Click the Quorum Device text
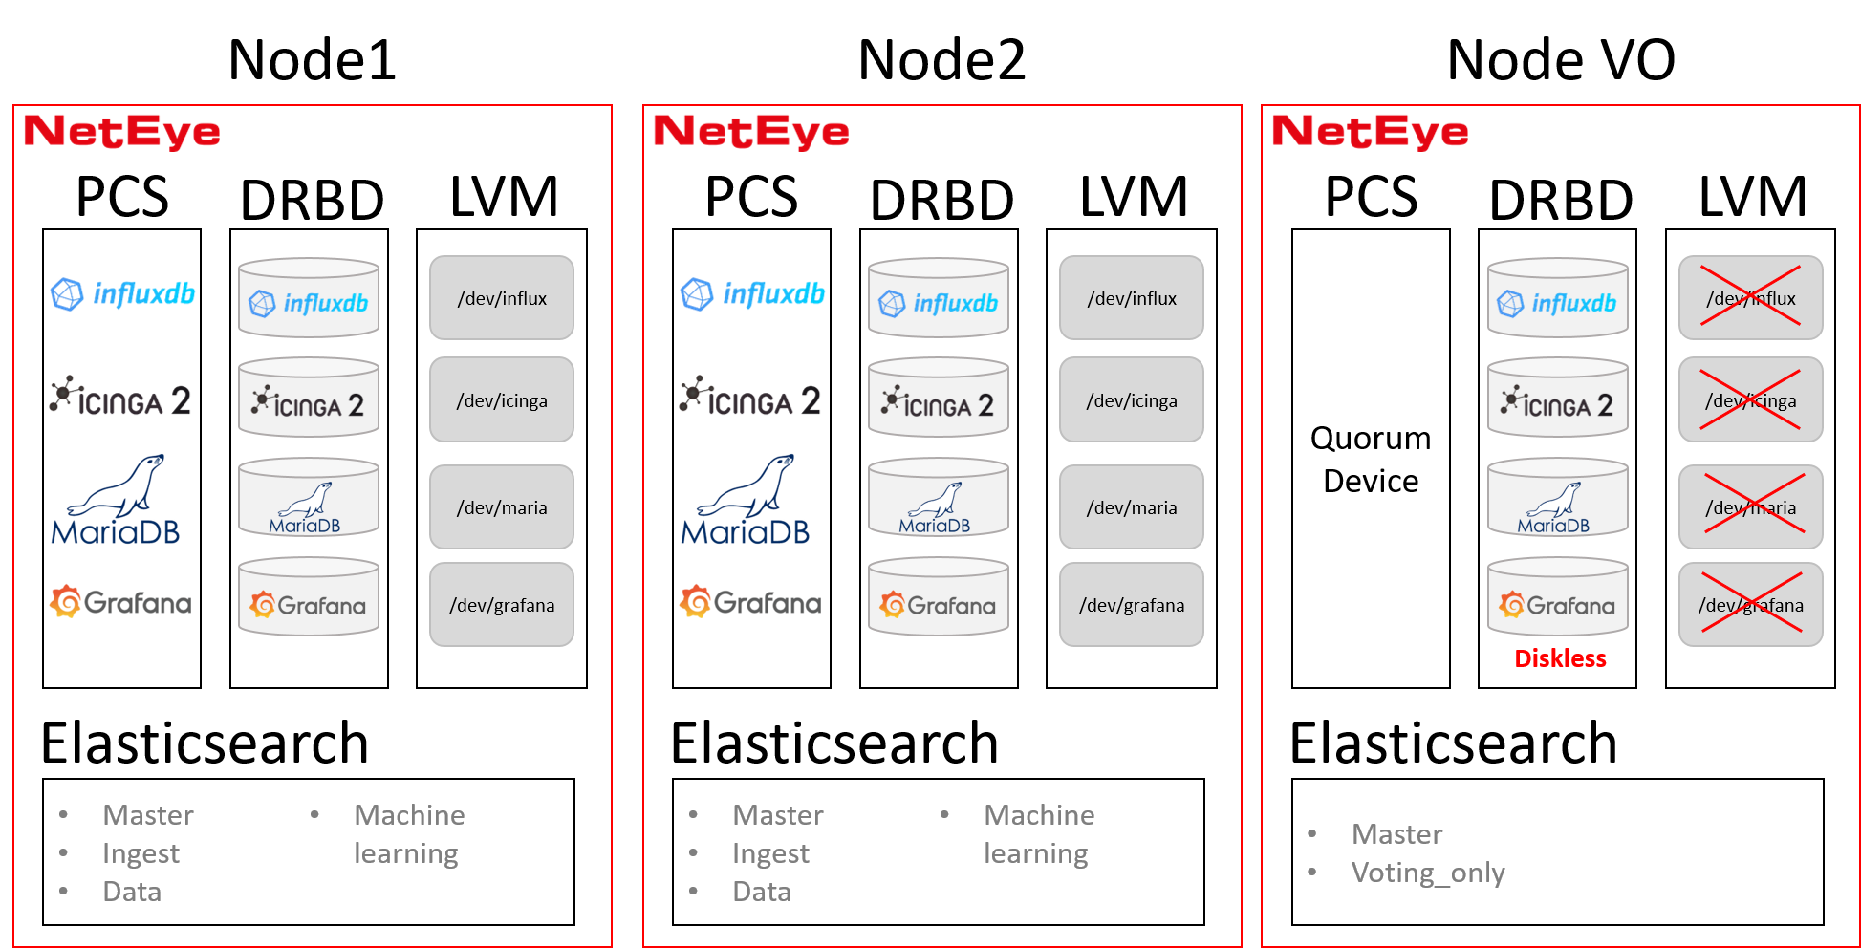1371,460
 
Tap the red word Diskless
1560,658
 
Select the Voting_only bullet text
1427,873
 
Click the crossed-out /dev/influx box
1750,297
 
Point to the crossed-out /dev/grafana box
1750,604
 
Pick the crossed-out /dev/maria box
1750,506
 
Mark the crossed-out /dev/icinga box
1750,399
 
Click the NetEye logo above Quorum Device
1369,131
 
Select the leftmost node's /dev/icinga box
502,399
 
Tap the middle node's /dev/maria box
1131,506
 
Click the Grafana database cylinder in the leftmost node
309,598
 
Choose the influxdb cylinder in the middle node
939,299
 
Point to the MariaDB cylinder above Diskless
1557,499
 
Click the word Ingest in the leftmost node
141,853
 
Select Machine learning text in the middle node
1038,834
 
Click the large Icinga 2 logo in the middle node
750,398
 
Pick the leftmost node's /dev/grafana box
502,604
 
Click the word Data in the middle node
761,892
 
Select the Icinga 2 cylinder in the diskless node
1557,399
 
